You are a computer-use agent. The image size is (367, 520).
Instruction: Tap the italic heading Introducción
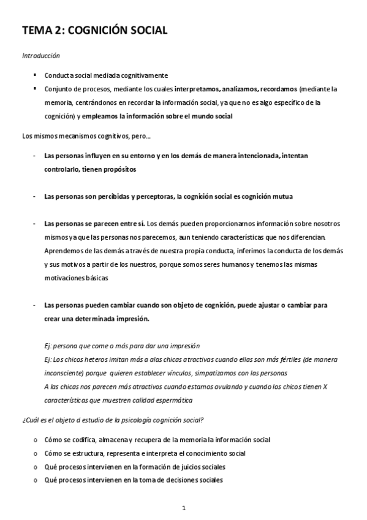40,56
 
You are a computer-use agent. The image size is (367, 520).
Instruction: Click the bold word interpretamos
197,88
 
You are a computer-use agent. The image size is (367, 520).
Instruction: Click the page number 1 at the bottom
183,508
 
